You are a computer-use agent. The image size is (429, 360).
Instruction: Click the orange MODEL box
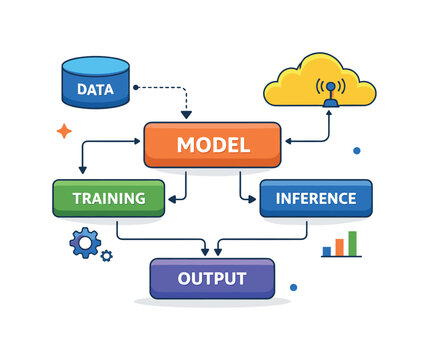212,144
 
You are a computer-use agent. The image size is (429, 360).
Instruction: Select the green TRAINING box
108,198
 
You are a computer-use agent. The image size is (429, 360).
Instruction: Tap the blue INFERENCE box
315,198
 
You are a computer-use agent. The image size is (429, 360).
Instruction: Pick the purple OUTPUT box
211,277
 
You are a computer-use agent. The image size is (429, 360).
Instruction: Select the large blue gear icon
85,241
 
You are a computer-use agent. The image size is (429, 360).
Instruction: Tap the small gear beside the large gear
106,256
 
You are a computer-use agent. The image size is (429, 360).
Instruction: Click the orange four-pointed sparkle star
64,130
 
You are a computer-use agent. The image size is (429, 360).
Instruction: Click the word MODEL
212,144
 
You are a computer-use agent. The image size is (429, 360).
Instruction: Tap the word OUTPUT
211,277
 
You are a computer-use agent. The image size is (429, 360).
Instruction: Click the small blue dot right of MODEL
356,151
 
